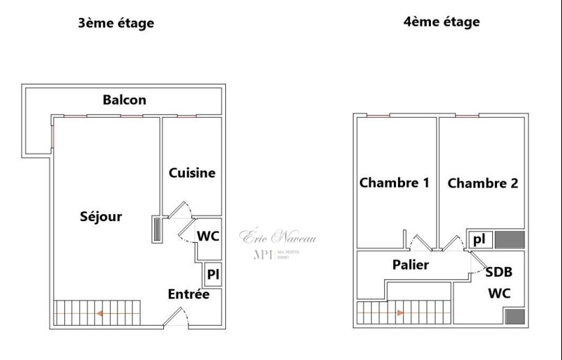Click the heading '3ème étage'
(116, 23)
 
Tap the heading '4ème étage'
(441, 22)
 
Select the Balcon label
(124, 100)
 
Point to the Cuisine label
(192, 173)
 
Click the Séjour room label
(101, 216)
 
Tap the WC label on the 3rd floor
(208, 237)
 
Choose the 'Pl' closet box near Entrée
(213, 274)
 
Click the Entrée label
(188, 294)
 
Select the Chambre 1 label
(394, 183)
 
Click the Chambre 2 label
(483, 183)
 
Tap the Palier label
(410, 265)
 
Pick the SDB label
(498, 273)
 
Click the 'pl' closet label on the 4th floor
(479, 239)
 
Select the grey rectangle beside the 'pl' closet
(509, 240)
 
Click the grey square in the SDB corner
(515, 317)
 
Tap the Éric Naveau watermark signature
(279, 237)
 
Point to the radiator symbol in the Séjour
(156, 230)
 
